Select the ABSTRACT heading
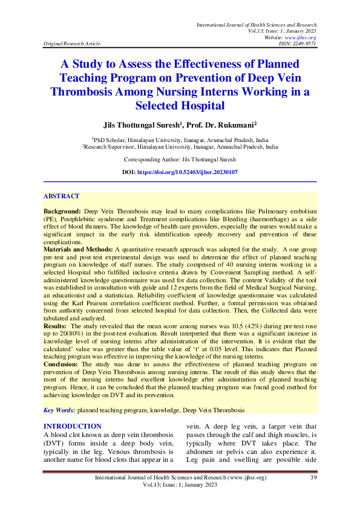click(61, 196)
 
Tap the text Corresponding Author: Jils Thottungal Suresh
click(180, 160)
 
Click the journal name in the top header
click(257, 24)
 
